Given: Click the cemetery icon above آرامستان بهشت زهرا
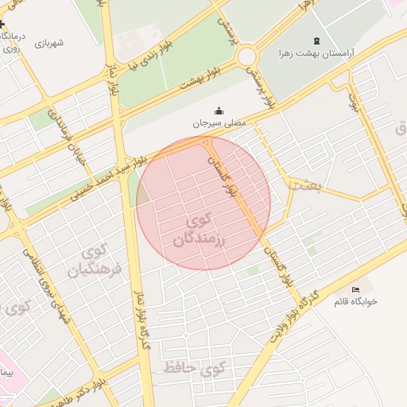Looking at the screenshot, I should pos(317,41).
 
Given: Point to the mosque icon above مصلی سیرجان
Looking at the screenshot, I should pos(219,110).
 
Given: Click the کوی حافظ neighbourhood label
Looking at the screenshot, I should pos(195,368).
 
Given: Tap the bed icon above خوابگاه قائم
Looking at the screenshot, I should pos(355,289).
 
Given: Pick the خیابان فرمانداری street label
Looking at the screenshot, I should pos(67,132).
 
